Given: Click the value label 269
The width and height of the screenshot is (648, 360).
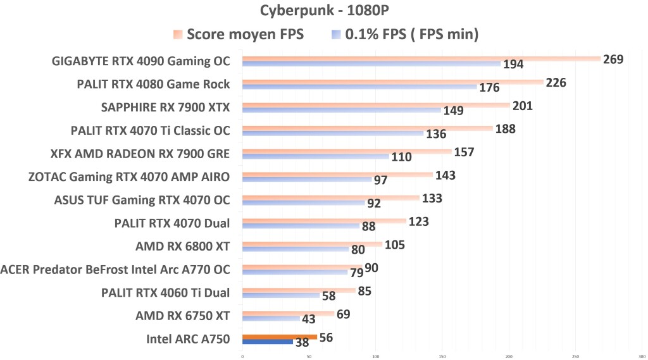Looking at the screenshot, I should point(613,59).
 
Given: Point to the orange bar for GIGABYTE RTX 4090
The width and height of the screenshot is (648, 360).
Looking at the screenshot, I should point(421,59).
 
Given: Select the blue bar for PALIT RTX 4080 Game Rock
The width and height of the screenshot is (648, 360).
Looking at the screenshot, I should point(359,87).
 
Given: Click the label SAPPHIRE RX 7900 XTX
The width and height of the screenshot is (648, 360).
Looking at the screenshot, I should point(165,107).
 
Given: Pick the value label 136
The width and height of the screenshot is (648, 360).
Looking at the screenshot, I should point(436,134).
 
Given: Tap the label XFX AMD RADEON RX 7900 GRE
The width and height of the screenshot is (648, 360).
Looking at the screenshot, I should point(140,154).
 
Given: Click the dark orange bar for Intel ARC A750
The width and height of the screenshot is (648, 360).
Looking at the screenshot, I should point(279,337).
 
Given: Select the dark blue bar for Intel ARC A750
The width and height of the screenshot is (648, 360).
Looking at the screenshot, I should point(267,342).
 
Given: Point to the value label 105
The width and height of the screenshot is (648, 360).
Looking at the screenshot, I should point(394,245).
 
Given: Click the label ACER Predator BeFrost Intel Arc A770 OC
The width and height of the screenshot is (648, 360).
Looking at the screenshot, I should point(115,270).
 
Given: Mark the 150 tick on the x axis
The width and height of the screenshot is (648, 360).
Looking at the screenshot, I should point(442,355).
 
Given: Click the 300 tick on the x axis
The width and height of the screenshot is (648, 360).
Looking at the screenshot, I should point(642,355).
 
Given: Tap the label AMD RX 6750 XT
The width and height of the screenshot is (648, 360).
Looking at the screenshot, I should point(182,315).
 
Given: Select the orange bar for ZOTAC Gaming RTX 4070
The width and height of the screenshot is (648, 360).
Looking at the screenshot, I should point(337,175).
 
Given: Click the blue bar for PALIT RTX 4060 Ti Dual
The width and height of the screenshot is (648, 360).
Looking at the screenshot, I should point(280,295).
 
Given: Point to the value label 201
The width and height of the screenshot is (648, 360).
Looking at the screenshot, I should point(522,106).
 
